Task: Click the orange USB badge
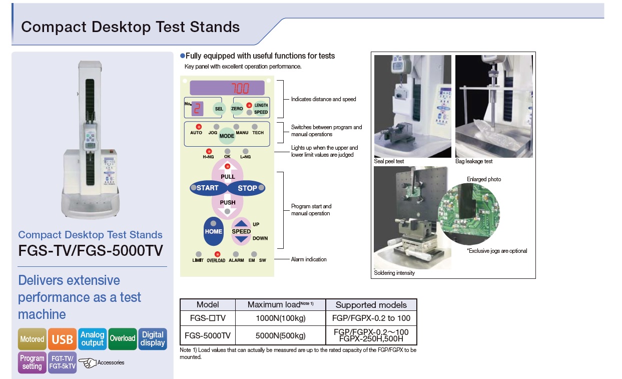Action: point(62,339)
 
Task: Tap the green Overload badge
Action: point(123,339)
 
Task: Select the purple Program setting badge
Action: point(32,362)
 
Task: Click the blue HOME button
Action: point(214,231)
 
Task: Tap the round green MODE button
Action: point(227,136)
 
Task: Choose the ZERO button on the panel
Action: point(237,109)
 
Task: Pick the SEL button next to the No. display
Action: point(219,109)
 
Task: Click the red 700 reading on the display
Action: point(241,88)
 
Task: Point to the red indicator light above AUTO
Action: point(199,127)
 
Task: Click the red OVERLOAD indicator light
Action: point(217,254)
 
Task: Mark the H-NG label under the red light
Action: point(208,157)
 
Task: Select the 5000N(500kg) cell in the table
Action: point(280,335)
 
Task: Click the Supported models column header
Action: point(371,305)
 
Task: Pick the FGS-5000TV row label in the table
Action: point(208,335)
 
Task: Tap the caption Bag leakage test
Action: point(474,161)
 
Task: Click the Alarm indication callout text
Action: point(309,259)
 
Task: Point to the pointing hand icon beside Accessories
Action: point(88,362)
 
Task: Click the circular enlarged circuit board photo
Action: point(469,214)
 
